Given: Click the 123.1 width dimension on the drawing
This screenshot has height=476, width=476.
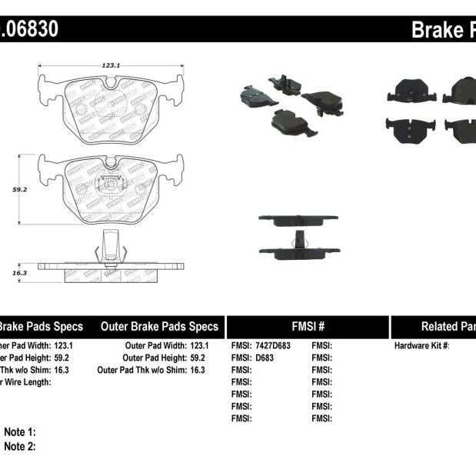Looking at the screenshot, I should (x=111, y=66).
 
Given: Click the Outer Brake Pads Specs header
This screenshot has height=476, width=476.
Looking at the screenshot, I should (x=159, y=326).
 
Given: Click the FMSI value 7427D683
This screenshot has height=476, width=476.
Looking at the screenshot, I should (x=274, y=346).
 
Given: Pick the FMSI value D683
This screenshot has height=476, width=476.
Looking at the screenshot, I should (x=265, y=358).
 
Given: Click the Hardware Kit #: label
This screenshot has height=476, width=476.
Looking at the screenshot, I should (x=421, y=346).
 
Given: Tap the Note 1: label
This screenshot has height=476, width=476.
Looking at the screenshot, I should (x=20, y=432).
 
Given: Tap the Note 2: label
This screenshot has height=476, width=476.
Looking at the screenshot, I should (x=20, y=446).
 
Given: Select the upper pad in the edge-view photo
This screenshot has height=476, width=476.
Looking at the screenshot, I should (x=298, y=220).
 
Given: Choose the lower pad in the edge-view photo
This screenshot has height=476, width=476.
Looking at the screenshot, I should (x=298, y=251).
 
